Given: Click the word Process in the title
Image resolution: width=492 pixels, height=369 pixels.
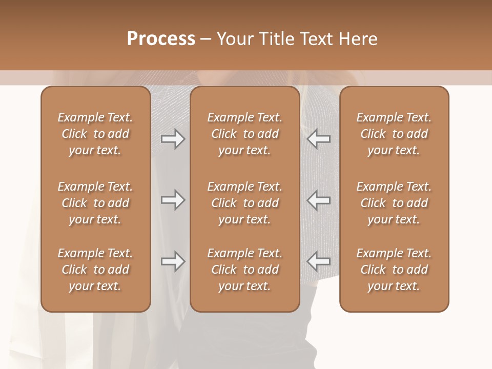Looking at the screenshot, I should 161,39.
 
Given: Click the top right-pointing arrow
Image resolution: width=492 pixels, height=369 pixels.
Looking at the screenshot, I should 173,139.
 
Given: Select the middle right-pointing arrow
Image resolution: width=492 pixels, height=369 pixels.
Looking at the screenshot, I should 173,200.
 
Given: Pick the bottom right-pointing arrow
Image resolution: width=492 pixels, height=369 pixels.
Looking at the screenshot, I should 173,261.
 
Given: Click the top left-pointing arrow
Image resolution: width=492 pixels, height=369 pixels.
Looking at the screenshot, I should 319,139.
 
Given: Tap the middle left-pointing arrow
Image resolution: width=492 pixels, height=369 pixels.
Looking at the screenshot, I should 319,200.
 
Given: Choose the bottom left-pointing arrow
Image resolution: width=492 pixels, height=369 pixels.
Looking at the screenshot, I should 319,261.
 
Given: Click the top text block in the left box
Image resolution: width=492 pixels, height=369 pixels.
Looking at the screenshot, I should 95,134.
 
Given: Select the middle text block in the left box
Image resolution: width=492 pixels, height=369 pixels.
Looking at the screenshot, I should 95,203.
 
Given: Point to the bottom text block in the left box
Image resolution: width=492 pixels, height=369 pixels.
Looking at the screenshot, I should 95,270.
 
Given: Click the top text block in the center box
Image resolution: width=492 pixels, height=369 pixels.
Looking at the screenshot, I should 244,134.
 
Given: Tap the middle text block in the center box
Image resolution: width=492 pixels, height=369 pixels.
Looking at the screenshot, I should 244,203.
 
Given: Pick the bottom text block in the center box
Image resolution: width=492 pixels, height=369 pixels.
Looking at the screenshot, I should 244,270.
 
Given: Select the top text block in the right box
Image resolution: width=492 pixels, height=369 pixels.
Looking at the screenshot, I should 394,134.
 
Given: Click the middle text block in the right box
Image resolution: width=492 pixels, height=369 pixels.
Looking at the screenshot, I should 394,203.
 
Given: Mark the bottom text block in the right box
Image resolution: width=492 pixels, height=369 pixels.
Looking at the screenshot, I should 394,270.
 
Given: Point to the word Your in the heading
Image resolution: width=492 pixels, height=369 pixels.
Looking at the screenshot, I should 234,39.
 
